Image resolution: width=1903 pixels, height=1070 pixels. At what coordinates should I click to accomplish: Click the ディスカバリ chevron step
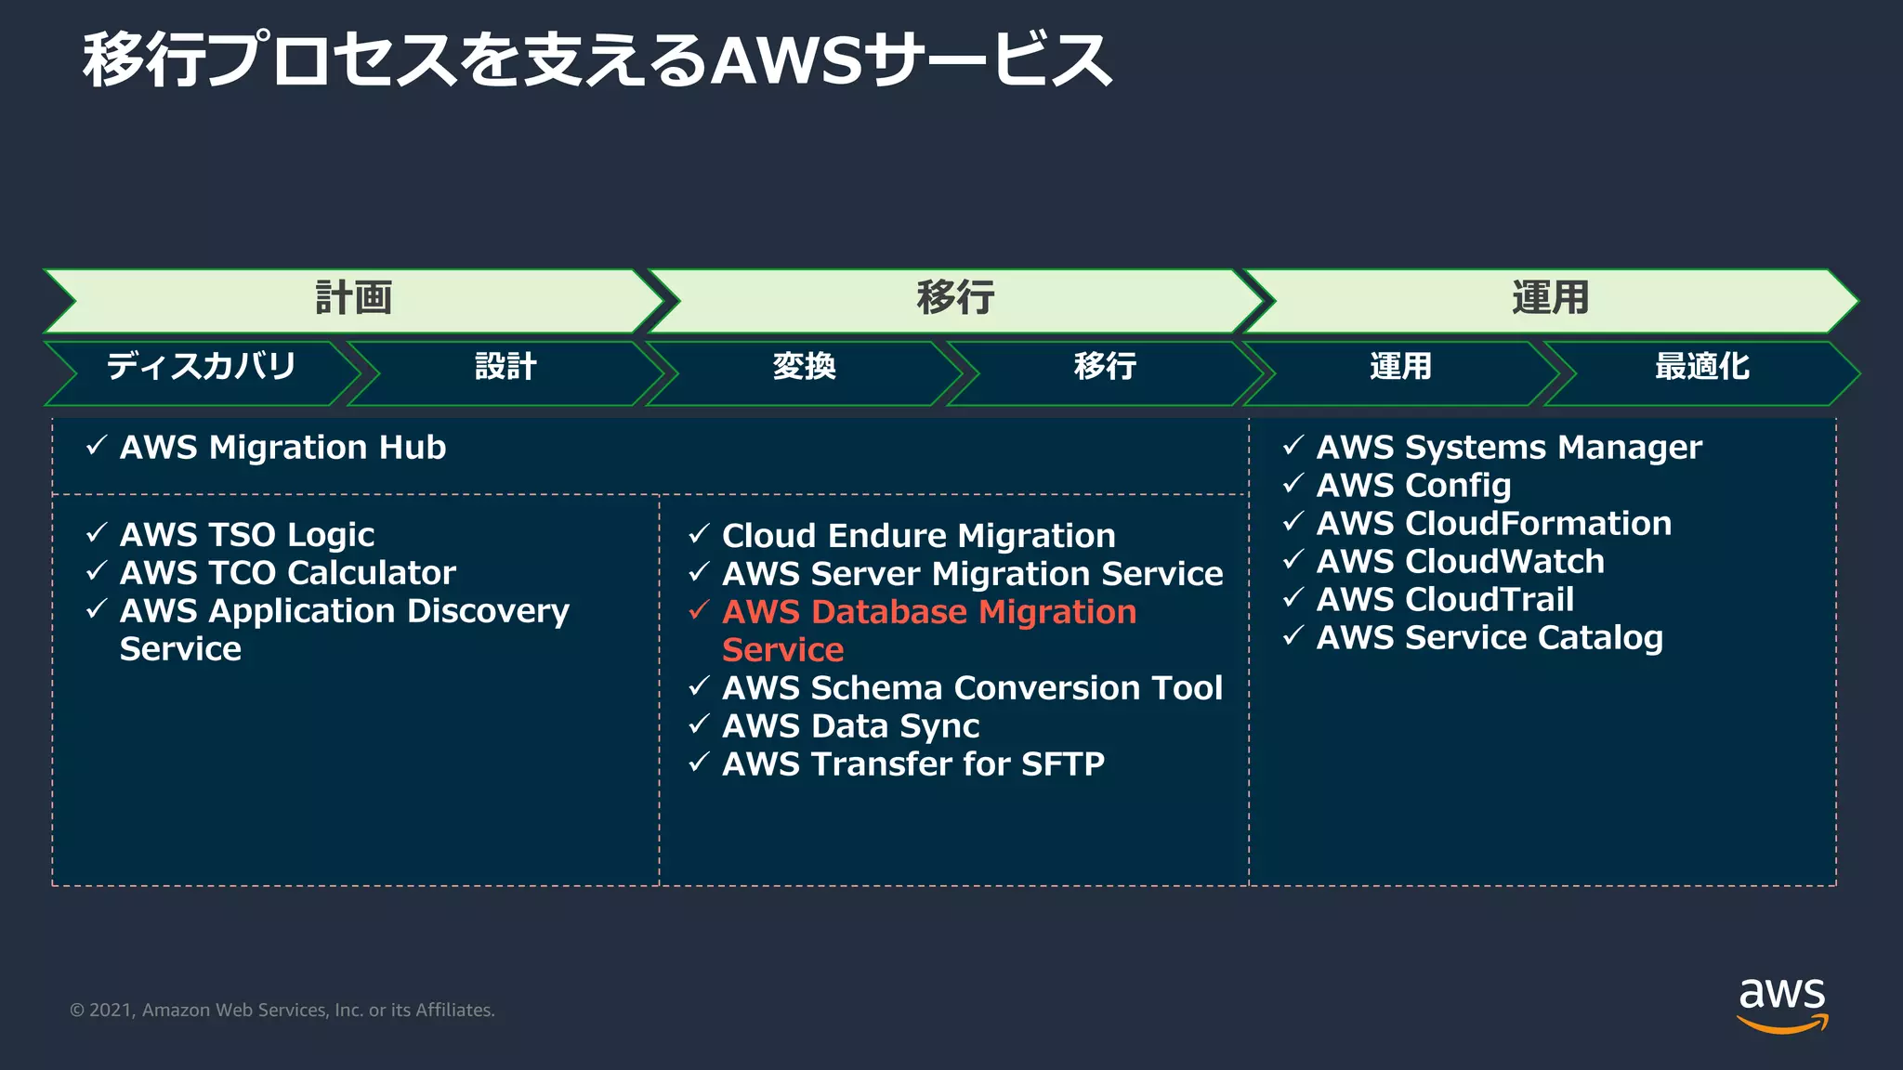201,367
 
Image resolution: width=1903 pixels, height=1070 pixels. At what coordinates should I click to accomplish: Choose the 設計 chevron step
505,367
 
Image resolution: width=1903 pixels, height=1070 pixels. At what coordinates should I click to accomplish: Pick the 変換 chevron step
805,367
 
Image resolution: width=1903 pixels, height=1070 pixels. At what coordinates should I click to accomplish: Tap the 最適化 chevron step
1701,367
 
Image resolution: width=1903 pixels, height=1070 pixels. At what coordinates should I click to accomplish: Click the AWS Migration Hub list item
282,448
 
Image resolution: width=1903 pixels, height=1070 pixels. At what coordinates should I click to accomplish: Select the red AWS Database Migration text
929,613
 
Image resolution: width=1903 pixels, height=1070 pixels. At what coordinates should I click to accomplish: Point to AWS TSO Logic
247,535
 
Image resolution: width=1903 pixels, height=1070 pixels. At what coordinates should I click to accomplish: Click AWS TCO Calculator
288,573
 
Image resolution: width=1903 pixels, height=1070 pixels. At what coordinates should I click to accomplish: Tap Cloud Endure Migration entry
918,536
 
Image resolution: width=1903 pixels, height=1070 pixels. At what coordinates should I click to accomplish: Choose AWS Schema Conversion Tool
972,688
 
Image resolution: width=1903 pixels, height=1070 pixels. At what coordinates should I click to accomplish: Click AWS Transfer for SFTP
913,764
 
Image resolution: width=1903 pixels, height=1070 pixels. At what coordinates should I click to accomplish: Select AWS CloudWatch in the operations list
1460,562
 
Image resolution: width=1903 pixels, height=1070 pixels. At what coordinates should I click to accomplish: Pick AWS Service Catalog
1490,638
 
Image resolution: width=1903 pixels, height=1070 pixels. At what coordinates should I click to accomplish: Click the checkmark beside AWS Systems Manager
1293,446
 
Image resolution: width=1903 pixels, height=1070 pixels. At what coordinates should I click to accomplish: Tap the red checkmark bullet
699,610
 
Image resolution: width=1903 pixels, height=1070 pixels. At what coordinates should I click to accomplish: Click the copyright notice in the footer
282,1011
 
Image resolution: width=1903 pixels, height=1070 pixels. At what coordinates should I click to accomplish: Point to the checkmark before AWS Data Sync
699,724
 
